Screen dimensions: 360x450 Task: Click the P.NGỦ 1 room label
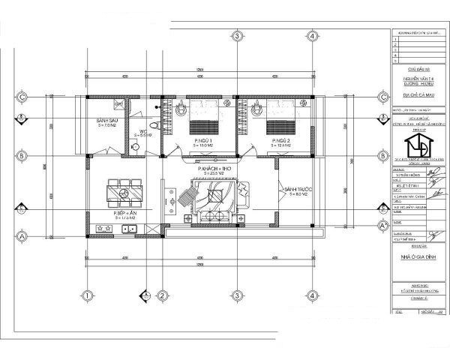(202, 141)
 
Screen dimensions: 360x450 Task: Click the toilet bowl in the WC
(153, 125)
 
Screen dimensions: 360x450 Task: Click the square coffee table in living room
(214, 196)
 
